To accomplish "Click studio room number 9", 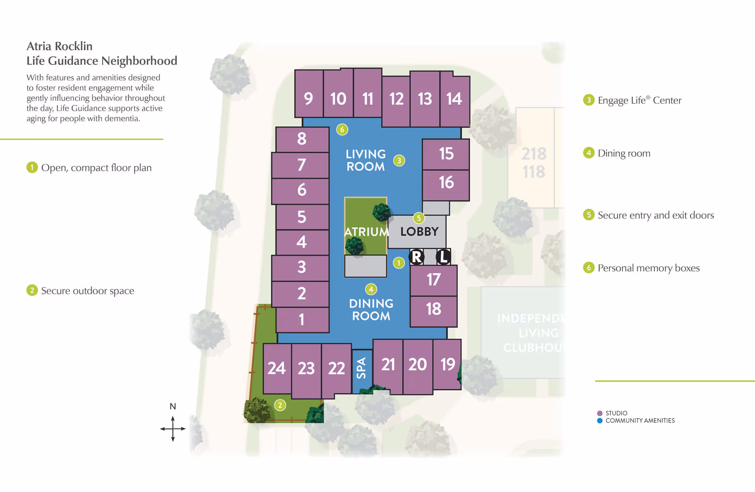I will tap(309, 98).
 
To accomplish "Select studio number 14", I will tap(454, 99).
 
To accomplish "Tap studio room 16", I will tap(446, 182).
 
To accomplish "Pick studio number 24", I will tap(276, 368).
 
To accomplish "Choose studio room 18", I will tap(434, 309).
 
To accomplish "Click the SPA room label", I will tap(361, 368).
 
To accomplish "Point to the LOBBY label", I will tap(419, 231).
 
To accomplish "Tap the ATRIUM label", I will tap(366, 232).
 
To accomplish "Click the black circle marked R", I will tap(416, 257).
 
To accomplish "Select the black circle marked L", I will tap(444, 257).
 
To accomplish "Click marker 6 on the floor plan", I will tap(342, 130).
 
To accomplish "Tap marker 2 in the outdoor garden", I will tap(280, 405).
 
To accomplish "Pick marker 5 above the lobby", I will tap(419, 218).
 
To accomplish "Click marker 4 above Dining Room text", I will tap(371, 290).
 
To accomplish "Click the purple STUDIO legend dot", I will tap(600, 413).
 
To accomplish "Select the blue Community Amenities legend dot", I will tap(600, 421).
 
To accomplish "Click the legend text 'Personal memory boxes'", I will tap(648, 268).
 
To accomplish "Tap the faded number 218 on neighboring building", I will tap(534, 154).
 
